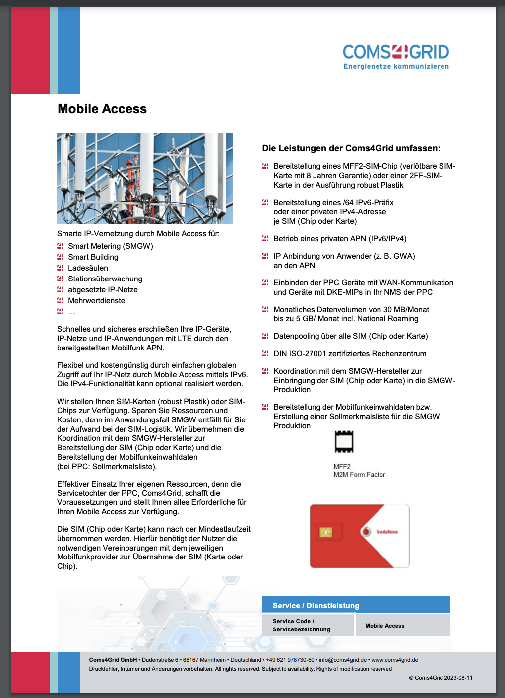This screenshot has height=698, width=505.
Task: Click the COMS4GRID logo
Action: coord(395,52)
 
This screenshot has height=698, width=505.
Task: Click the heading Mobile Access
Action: coord(102,109)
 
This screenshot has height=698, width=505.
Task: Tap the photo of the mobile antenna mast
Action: coord(144,178)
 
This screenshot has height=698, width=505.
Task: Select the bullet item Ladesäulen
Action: coord(88,268)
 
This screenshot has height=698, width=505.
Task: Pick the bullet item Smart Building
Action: coord(93,257)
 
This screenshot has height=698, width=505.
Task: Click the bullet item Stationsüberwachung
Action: coord(105,279)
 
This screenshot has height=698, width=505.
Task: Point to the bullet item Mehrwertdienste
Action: coord(96,301)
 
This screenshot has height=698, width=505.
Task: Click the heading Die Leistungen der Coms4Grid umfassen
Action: coord(351,148)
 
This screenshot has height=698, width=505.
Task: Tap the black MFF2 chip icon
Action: coord(344,442)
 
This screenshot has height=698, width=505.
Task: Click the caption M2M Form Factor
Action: coord(359,475)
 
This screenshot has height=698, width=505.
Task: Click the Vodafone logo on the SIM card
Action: coord(367,531)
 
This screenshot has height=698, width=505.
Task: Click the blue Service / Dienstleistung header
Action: coord(356,605)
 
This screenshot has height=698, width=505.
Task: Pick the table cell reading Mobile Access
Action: coord(385,626)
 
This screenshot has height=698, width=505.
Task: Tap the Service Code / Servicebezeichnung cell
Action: coord(302,626)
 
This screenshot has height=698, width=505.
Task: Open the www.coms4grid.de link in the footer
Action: coord(394,660)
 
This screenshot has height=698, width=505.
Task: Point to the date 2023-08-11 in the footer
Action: coord(458,678)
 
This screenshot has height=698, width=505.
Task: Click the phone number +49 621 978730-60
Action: coord(290,660)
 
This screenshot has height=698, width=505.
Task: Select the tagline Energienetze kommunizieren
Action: coord(396,66)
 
